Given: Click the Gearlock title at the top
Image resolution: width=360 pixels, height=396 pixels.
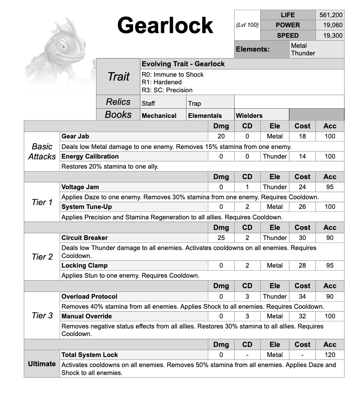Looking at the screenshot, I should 165,26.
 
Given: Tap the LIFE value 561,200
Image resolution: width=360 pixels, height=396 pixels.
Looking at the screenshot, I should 331,15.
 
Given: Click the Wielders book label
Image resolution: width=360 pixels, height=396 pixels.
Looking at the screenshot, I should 249,116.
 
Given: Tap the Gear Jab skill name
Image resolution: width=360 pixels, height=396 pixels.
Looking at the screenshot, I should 75,136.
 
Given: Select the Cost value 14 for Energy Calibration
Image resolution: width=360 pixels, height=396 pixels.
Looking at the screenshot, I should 302,156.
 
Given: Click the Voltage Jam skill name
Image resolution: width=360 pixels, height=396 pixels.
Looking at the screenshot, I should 80,187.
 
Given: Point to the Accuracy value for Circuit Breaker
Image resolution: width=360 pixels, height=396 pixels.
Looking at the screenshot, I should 330,238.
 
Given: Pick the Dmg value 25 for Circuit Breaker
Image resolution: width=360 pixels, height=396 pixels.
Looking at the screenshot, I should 221,238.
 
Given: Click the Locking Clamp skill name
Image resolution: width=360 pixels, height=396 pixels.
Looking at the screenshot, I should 84,266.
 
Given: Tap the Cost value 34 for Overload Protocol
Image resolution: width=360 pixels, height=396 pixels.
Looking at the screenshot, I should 302,297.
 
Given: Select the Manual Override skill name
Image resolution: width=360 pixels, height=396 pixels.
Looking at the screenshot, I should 86,316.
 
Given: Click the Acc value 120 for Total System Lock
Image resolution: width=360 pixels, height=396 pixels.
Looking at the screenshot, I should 330,355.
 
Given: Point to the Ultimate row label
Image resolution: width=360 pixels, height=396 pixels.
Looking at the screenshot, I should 42,364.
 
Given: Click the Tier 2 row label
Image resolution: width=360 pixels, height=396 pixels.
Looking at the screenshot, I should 42,257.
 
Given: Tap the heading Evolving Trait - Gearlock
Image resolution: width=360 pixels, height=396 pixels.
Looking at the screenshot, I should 183,64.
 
